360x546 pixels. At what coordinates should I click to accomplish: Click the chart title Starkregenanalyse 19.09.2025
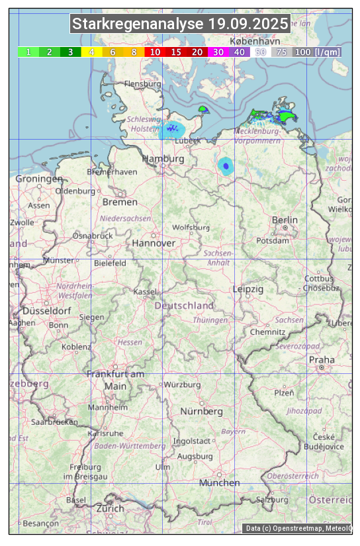(x=180, y=24)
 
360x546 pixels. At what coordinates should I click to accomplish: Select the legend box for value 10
(x=155, y=52)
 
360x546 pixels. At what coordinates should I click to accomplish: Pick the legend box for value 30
(x=218, y=52)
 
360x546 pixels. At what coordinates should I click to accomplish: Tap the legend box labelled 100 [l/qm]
(x=316, y=52)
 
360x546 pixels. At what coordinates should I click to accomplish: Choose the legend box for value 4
(x=91, y=52)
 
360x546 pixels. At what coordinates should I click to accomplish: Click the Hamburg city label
(x=163, y=159)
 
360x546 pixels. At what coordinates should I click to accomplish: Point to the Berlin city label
(x=285, y=220)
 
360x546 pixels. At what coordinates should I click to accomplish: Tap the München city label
(x=219, y=482)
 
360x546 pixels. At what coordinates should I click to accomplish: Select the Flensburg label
(x=142, y=84)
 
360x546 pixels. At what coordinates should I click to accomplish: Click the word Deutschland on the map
(x=184, y=305)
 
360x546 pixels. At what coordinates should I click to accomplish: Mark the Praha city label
(x=322, y=359)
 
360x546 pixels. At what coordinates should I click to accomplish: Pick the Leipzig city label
(x=248, y=289)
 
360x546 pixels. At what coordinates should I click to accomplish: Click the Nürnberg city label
(x=201, y=411)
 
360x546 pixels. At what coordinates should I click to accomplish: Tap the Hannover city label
(x=154, y=243)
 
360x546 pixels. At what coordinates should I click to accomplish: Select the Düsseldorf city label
(x=47, y=310)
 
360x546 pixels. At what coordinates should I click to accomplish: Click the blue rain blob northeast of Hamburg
(x=172, y=129)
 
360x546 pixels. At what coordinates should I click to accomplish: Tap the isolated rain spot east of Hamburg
(x=226, y=165)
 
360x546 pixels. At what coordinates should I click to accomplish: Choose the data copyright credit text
(x=298, y=528)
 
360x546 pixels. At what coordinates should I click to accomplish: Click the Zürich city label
(x=110, y=508)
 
